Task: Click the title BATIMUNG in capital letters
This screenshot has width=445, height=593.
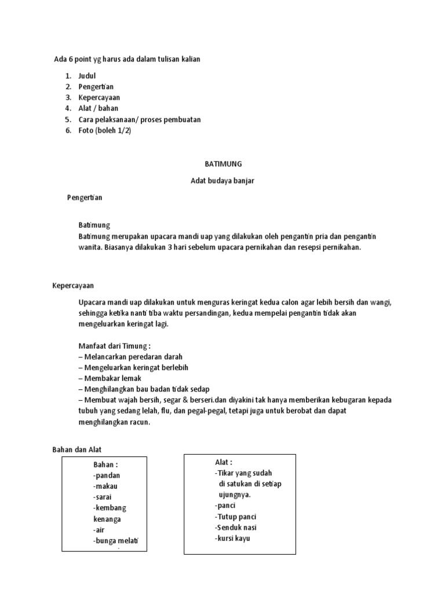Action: (222, 164)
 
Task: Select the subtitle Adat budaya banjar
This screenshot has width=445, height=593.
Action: (222, 181)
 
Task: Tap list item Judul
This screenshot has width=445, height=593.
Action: (87, 76)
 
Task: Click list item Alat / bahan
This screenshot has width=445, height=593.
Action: (99, 108)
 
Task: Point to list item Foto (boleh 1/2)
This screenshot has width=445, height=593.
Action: (105, 130)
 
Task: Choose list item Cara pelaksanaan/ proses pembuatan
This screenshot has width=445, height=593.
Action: (140, 119)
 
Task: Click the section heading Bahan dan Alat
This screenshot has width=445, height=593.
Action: (76, 450)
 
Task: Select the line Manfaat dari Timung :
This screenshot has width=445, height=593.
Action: (114, 346)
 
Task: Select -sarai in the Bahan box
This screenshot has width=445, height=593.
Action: (103, 497)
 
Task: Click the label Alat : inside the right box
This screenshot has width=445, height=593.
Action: (223, 462)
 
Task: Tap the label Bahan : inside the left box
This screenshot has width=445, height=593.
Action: (106, 464)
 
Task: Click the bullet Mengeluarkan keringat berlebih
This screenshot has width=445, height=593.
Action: (136, 367)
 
